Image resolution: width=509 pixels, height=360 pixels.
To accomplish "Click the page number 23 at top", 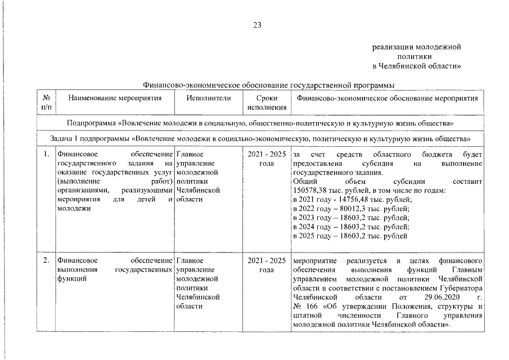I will point(257,25).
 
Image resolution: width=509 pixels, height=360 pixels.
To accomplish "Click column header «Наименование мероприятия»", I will point(115,98).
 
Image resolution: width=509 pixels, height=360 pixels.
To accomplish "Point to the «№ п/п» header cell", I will point(45,102).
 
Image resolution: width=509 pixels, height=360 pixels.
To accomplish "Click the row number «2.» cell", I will point(45,261).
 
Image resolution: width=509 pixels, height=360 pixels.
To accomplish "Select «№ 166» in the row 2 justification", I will point(305,306).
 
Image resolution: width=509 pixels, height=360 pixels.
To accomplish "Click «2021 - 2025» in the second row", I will point(267,261).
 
